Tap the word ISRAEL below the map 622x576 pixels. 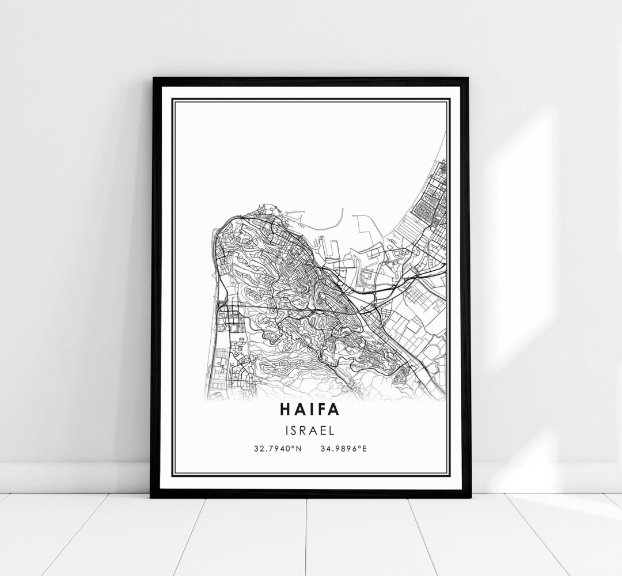309,430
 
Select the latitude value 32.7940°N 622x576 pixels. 276,448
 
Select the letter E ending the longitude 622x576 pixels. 365,448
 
